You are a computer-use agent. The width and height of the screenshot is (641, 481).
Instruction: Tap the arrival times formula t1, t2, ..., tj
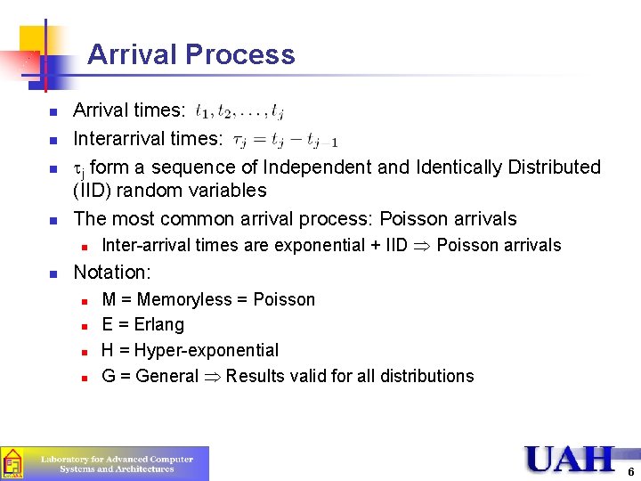(x=239, y=112)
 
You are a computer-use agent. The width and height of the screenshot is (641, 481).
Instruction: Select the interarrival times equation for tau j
(x=285, y=140)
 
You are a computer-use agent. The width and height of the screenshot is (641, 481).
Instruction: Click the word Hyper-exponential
(x=207, y=350)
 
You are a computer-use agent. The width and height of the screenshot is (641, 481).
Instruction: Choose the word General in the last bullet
(x=167, y=376)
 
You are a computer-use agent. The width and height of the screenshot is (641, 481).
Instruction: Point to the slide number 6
(x=630, y=472)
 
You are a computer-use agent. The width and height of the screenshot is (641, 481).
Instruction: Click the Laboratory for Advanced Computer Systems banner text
(x=118, y=463)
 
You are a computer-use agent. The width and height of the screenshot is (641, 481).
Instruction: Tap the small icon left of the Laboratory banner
(x=12, y=463)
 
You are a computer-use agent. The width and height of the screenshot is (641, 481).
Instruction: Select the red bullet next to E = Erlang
(x=83, y=326)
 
